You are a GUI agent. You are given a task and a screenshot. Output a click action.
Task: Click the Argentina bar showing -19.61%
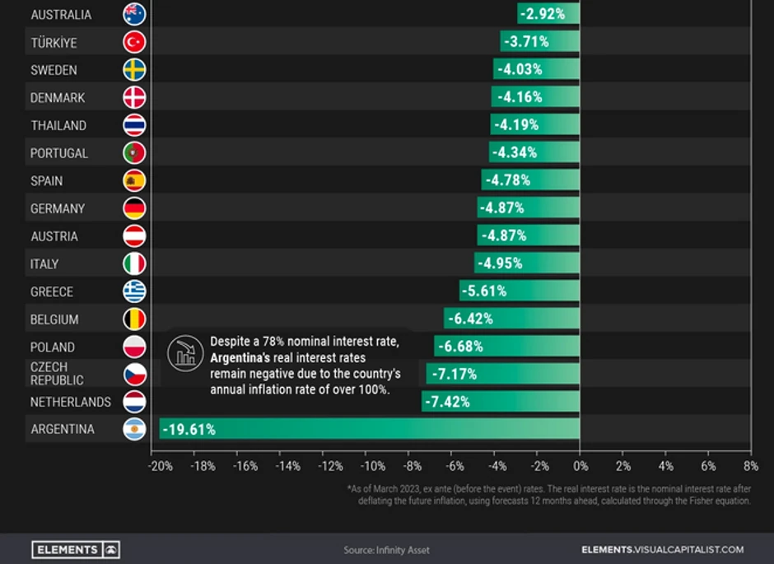tap(371, 429)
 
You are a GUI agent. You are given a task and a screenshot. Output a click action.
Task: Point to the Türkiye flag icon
tap(134, 42)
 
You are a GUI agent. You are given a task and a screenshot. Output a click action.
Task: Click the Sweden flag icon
tap(134, 70)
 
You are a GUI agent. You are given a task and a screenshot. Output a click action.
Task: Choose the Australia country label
tap(61, 15)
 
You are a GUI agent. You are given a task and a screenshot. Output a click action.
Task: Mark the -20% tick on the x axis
tap(160, 466)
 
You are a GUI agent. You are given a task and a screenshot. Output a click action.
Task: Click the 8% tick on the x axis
tap(751, 466)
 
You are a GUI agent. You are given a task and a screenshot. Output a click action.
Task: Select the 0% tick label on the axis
tap(580, 466)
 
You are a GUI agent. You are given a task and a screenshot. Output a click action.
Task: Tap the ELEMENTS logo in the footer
tap(77, 549)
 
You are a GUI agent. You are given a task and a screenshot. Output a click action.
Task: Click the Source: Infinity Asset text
tap(386, 550)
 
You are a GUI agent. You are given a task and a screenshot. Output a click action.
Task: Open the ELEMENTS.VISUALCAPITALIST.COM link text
tap(662, 549)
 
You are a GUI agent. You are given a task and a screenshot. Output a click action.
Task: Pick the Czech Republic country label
tap(57, 374)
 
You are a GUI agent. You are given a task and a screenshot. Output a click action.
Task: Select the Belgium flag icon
tap(134, 319)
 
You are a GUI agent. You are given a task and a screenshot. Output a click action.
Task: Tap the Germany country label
tap(58, 208)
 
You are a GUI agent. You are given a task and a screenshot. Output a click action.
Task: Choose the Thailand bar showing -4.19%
tap(535, 125)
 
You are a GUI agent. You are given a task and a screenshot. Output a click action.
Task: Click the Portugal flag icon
tap(134, 153)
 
